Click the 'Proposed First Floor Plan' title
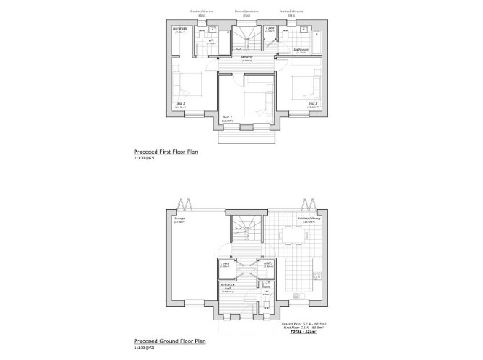[166, 153]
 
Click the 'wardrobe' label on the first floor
[180, 30]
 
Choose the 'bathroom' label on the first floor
[301, 49]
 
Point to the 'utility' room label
[267, 263]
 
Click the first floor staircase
[247, 37]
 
